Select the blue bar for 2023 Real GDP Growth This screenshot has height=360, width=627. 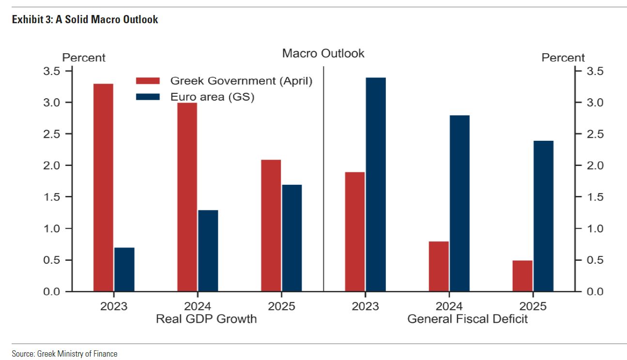(124, 270)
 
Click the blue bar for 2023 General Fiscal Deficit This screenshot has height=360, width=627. (376, 184)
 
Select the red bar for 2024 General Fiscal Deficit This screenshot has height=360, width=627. (439, 266)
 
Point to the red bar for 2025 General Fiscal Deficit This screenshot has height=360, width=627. (522, 276)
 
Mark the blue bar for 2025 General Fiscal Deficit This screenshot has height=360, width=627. (543, 216)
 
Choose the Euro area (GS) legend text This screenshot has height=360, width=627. (212, 97)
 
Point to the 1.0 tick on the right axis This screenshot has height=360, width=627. (576, 228)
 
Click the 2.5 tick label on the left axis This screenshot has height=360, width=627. (48, 134)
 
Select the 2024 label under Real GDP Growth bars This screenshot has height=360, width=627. (198, 306)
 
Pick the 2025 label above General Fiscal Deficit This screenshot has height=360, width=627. (533, 306)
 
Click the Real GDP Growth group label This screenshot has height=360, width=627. (206, 319)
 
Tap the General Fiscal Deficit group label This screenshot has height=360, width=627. (468, 319)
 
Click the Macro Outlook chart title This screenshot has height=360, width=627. (323, 53)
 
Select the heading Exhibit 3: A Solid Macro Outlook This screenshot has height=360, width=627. (85, 20)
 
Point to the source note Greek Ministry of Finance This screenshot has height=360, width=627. (64, 354)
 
